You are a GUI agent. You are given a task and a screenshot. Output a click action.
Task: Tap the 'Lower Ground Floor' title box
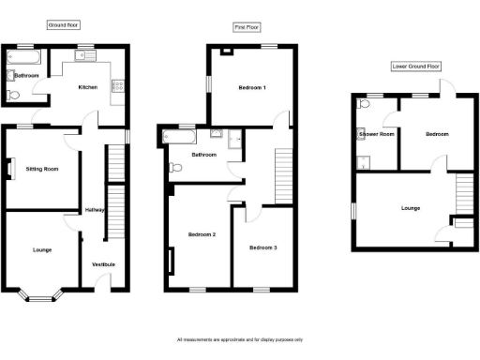414,67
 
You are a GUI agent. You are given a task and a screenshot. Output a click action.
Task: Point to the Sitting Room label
41,170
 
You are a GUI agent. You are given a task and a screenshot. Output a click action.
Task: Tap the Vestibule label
103,264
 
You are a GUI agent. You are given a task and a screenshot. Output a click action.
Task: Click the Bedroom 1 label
252,88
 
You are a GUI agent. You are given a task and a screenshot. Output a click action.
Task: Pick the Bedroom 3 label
263,247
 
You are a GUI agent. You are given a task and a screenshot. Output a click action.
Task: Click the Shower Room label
375,135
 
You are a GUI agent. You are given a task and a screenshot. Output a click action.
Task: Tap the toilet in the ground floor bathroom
11,96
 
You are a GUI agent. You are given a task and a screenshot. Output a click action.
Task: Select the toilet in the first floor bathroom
175,168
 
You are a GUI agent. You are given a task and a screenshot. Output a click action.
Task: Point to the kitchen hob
119,86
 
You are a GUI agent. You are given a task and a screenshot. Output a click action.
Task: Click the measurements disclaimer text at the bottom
240,339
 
